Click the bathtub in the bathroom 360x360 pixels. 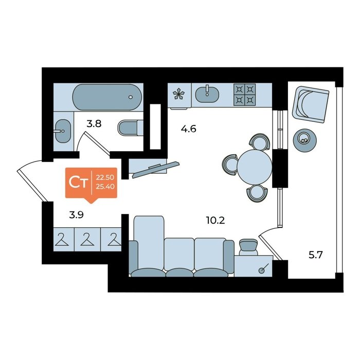tap(107, 97)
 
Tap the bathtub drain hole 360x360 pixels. tap(131, 97)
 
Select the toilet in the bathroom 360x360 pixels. tap(131, 128)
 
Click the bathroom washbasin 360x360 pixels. tap(63, 131)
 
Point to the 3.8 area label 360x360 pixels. tap(94, 124)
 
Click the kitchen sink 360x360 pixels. tap(207, 94)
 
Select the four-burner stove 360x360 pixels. tap(244, 95)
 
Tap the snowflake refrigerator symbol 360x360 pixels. tap(179, 94)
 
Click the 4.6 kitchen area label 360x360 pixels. tap(189, 129)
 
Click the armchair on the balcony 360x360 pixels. tap(311, 105)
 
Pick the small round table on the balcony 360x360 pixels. tap(304, 139)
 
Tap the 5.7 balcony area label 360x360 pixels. tap(316, 255)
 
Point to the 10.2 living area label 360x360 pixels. tap(215, 221)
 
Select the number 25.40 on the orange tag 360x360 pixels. tap(105, 187)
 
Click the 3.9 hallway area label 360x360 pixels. tap(76, 215)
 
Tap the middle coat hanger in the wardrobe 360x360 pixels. tap(87, 240)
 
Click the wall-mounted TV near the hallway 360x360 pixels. tap(156, 169)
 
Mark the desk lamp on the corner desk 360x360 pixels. tap(263, 268)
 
